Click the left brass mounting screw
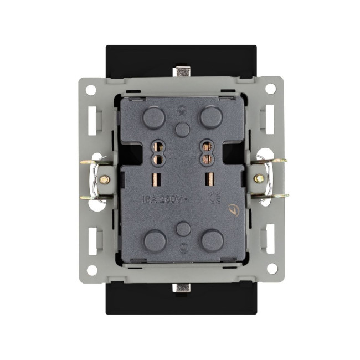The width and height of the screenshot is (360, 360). tap(104, 179)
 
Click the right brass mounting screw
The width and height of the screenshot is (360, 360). tap(259, 178)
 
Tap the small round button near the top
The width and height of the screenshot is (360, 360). tap(182, 129)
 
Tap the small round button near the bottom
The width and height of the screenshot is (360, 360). tap(183, 228)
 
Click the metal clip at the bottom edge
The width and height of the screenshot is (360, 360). tap(181, 287)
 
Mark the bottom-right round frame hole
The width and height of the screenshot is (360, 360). tap(271, 269)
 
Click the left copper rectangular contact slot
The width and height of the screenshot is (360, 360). tap(155, 179)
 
